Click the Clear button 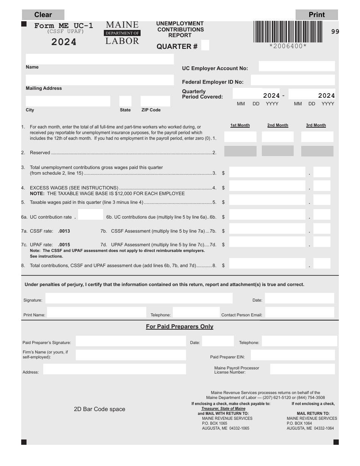pos(43,15)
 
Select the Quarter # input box pos(205,45)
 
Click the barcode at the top pos(288,31)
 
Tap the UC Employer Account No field pos(297,66)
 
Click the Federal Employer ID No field pos(293,80)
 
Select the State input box pos(125,101)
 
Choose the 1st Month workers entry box pos(240,137)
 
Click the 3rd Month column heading pos(316,125)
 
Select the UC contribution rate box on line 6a pos(90,214)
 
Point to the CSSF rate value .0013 pos(64,231)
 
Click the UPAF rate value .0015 pos(64,245)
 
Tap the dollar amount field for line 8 pos(267,263)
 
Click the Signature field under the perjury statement pos(139,298)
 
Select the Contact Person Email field pos(299,313)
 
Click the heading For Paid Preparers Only pos(180,327)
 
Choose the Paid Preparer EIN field pos(293,355)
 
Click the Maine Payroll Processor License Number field pos(302,369)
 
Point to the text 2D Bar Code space pos(99,409)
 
